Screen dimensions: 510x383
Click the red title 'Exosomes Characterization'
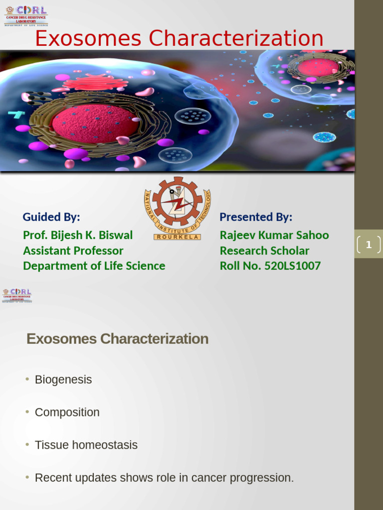coord(179,38)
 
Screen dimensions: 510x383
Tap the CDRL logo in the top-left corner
coord(26,15)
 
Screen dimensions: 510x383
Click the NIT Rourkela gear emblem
coord(178,208)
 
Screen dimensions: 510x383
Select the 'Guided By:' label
coord(51,217)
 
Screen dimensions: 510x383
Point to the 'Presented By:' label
coord(256,217)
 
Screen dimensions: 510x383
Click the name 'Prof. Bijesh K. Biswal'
coord(78,235)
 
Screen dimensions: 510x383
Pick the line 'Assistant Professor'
coord(73,251)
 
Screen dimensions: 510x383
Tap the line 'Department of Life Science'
coord(94,266)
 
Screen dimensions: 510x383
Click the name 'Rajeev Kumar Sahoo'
coord(274,235)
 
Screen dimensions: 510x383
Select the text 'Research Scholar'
coord(264,251)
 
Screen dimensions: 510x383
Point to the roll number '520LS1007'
coord(292,266)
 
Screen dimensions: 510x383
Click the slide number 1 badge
coord(369,245)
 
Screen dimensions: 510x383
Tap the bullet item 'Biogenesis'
coord(63,380)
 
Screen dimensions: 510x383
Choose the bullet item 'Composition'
coord(67,412)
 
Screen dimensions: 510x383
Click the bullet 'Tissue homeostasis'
coord(86,445)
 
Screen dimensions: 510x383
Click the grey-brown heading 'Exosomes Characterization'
coord(117,339)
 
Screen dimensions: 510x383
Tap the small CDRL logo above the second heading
coord(17,295)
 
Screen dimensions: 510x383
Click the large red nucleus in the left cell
coord(95,124)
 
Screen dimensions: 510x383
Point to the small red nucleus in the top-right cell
coord(318,67)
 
